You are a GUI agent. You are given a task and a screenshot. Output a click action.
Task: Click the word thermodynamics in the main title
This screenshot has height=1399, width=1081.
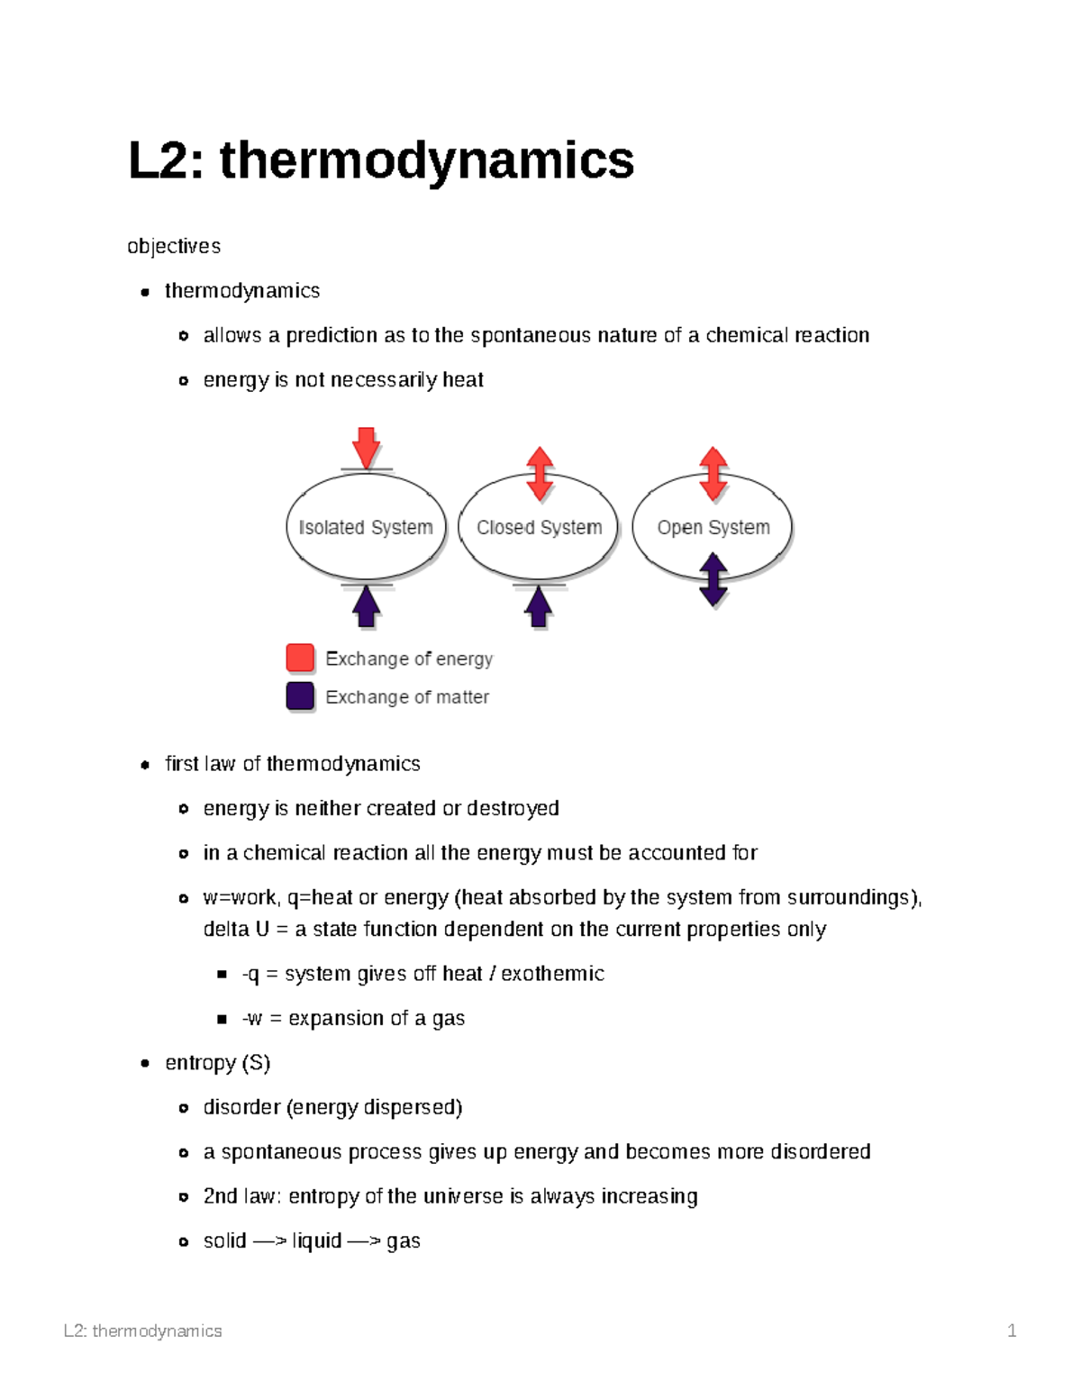point(426,161)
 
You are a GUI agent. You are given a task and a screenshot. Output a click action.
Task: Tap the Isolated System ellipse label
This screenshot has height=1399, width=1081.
point(366,528)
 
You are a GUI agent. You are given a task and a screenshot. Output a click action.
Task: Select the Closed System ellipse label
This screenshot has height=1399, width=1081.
point(539,528)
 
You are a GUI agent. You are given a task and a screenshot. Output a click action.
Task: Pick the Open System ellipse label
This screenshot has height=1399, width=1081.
point(713,528)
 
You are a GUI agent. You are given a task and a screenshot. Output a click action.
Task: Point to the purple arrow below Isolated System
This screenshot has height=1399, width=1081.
point(366,606)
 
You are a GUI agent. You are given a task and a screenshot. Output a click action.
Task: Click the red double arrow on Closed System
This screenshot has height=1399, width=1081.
point(540,473)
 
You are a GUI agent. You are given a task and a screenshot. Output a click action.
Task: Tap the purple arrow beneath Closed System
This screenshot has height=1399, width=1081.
point(538,606)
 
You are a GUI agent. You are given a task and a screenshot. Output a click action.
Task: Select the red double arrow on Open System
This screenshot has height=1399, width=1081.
point(713,473)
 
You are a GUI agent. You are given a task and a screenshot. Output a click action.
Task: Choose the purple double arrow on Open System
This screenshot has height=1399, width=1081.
point(713,579)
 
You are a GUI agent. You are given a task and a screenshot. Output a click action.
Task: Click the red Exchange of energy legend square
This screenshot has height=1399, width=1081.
point(300,659)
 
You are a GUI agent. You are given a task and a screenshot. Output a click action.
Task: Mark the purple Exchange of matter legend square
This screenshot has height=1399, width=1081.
point(300,696)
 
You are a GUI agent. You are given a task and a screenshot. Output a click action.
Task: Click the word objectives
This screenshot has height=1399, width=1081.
point(174,247)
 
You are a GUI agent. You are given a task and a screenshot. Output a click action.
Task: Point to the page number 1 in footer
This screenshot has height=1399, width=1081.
point(1012,1331)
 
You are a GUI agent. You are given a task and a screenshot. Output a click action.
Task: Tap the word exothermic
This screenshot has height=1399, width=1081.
point(552,974)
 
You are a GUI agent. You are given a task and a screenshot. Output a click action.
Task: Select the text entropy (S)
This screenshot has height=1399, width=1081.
point(218,1063)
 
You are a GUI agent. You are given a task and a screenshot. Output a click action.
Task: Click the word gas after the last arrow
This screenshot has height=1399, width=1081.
point(404,1241)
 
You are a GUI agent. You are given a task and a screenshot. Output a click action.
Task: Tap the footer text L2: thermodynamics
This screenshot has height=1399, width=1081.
point(143,1331)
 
